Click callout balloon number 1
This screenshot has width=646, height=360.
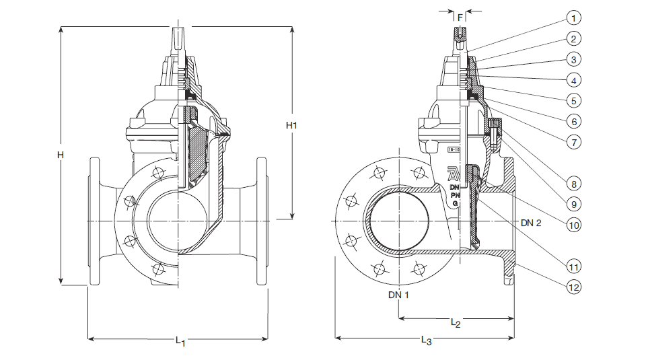click(x=573, y=17)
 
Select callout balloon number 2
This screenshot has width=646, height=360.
click(x=573, y=38)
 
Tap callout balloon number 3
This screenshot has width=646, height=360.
click(x=573, y=59)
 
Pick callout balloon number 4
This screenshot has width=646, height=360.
click(x=573, y=80)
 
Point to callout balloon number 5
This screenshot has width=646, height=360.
click(x=573, y=101)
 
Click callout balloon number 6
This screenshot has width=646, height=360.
click(x=573, y=122)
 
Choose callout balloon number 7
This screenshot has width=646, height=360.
click(x=573, y=143)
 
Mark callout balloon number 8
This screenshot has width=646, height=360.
click(x=573, y=182)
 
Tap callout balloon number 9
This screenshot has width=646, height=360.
click(x=573, y=203)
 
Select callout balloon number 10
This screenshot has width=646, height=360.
click(x=573, y=225)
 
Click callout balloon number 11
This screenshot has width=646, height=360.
click(x=573, y=266)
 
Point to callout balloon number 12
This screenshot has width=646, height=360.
click(x=573, y=287)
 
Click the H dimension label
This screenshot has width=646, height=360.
click(x=60, y=155)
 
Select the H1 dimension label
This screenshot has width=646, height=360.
click(x=291, y=125)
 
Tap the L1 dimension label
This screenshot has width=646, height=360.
click(x=180, y=341)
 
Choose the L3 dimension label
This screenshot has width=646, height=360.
click(x=425, y=341)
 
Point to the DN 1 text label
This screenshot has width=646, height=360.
click(x=398, y=294)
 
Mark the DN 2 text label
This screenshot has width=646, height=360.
click(x=532, y=222)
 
